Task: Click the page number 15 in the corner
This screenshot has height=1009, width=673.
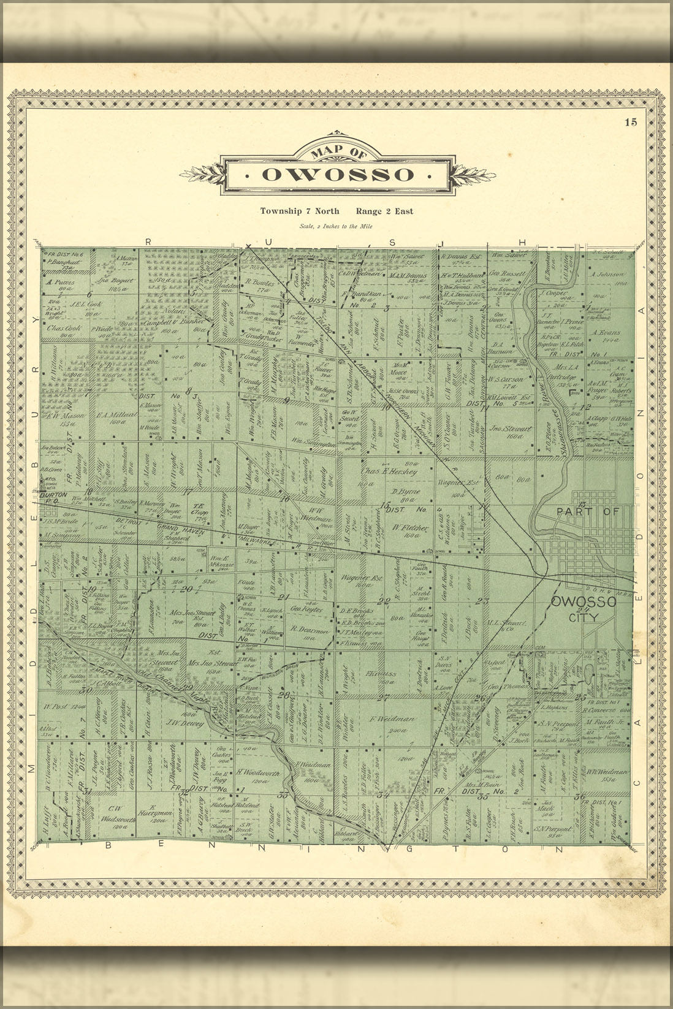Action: coord(631,122)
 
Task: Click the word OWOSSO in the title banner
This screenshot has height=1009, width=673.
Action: coord(337,175)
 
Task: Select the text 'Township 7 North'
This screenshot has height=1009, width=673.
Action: coord(300,211)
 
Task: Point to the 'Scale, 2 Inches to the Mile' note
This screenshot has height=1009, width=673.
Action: coord(336,226)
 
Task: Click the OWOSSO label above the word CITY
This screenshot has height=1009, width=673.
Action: coord(583,602)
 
